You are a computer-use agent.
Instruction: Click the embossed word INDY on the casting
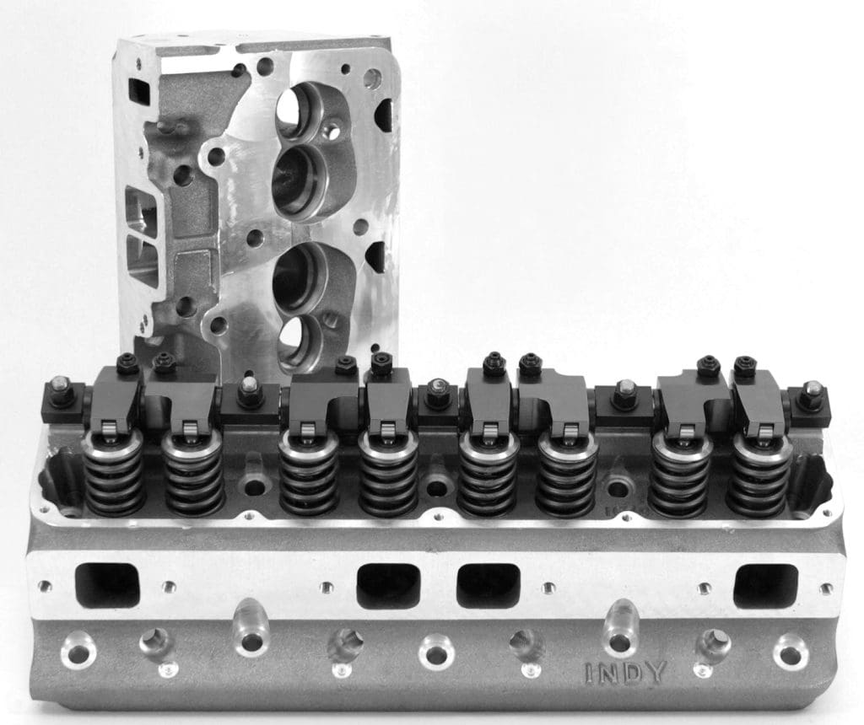pos(625,672)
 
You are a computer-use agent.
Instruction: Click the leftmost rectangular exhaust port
pos(107,585)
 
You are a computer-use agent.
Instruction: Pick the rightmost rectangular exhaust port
pos(764,586)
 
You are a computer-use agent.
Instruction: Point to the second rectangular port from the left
pos(387,586)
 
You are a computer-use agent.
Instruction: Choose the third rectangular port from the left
pos(489,586)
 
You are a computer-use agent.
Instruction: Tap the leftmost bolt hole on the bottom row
pos(78,651)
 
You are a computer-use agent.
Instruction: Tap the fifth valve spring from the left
pos(488,476)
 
